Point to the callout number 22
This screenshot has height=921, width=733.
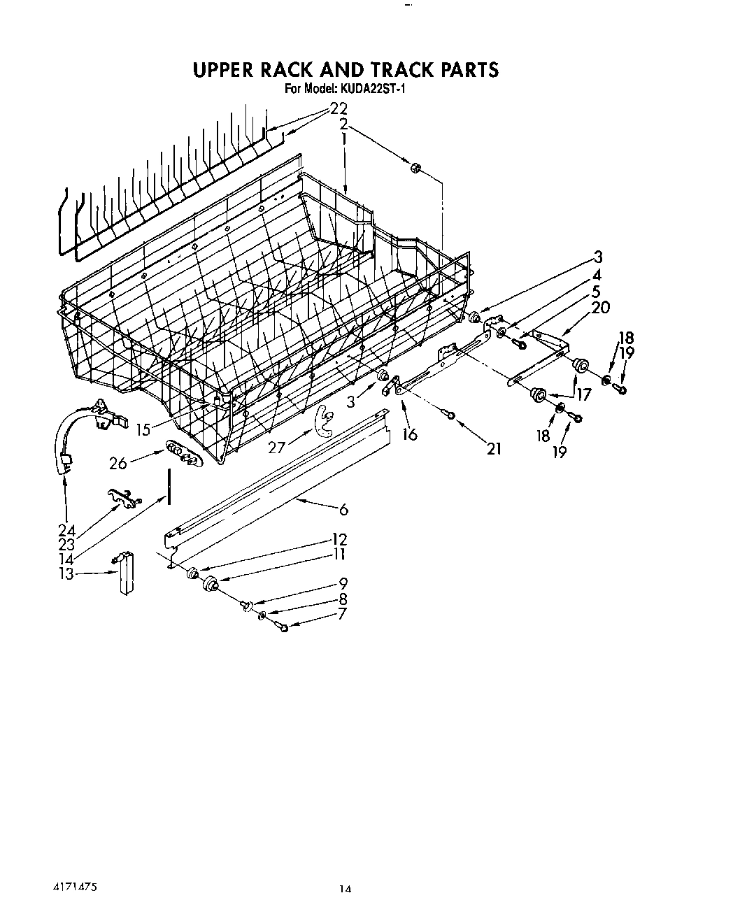click(339, 109)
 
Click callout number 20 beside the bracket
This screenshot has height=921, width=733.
click(600, 307)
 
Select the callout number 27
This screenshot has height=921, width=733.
click(277, 446)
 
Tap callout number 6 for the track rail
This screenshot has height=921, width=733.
click(343, 509)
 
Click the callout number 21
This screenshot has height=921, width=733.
click(494, 448)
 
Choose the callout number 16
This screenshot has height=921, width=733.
click(410, 434)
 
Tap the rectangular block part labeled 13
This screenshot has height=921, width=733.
click(126, 573)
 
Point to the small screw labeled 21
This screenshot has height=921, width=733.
click(450, 416)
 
